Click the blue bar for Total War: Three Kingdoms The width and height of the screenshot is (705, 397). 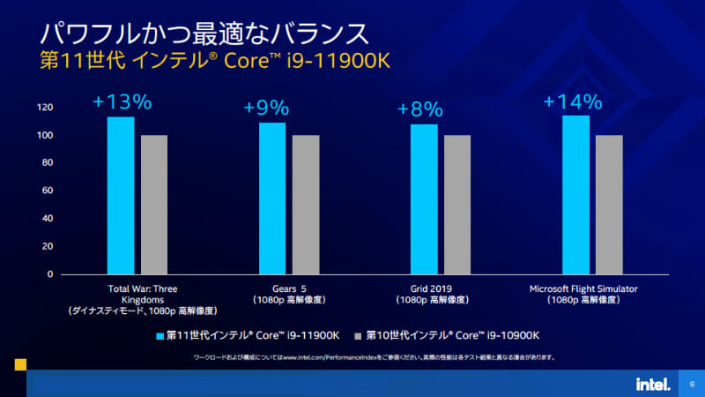pos(121,195)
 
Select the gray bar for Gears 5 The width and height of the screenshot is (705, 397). pos(306,204)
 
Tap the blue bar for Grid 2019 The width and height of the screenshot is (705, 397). pos(424,198)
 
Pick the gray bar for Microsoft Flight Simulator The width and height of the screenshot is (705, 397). pos(609,204)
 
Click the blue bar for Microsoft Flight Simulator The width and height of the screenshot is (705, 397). pos(576,194)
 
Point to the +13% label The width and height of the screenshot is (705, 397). pos(122,102)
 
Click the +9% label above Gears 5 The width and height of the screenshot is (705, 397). pos(266,109)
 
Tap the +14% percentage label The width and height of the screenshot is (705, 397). pos(572,101)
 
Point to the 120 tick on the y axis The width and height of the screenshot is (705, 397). pos(45,108)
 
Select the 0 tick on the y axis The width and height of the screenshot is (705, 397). pos(50,274)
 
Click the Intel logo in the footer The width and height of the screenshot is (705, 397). pos(653,384)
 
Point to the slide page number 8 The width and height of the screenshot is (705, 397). pos(692,385)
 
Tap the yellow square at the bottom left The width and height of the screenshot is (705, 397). pos(20,363)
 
